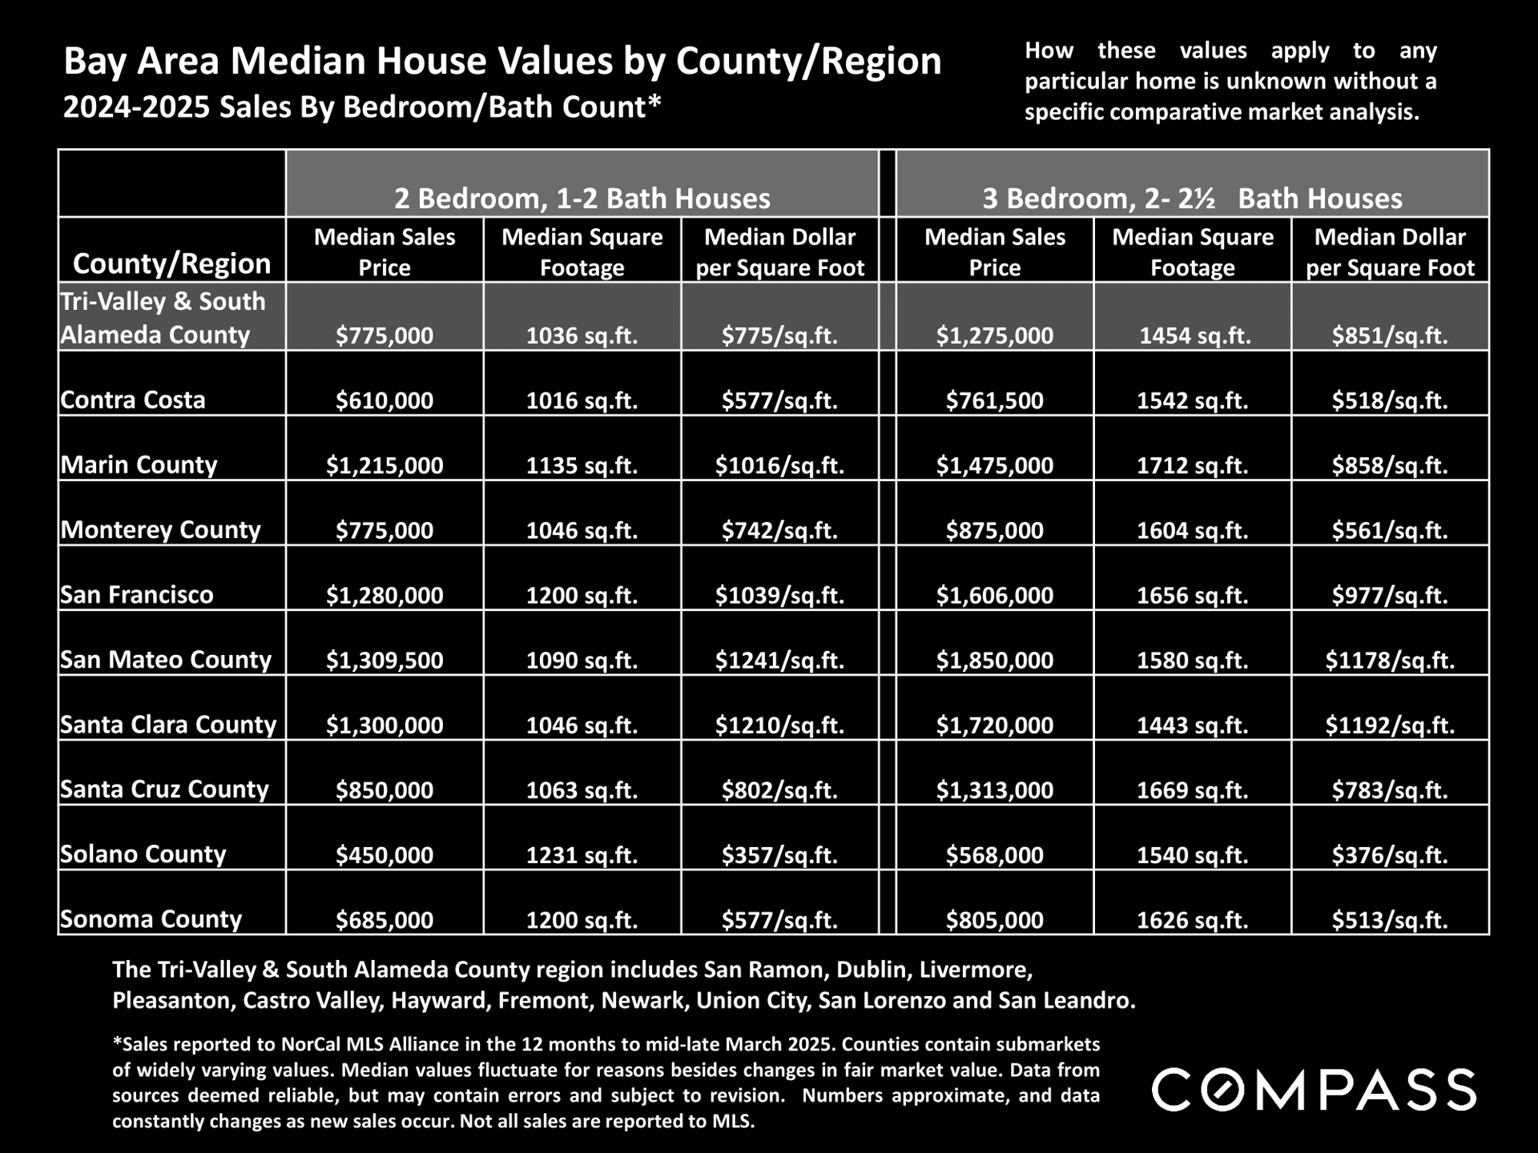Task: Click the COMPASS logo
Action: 1314,1090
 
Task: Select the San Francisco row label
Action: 137,594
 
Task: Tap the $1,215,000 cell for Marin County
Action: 384,465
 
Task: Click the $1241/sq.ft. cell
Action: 779,660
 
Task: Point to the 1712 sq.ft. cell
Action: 1192,465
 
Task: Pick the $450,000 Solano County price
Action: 384,854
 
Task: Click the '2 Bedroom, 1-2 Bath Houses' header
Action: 582,198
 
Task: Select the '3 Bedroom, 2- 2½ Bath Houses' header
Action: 1192,198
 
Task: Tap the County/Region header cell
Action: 171,263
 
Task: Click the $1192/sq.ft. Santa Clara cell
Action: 1390,725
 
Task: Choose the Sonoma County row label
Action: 151,918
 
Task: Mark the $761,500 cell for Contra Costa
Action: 994,400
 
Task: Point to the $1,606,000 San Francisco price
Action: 994,595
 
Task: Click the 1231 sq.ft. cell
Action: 582,854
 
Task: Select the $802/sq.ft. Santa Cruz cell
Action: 779,789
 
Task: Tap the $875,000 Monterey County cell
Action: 994,530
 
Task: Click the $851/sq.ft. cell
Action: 1390,335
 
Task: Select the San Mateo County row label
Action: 166,659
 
